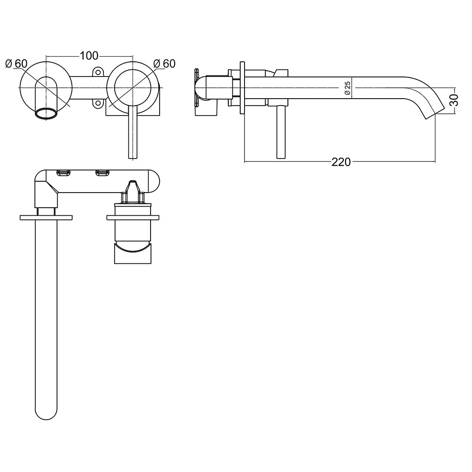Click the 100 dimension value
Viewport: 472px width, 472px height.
point(88,56)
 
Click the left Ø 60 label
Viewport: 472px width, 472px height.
point(17,63)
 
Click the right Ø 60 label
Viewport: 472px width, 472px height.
point(165,63)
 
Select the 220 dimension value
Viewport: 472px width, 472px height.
point(341,162)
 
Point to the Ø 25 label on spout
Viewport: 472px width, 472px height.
point(347,88)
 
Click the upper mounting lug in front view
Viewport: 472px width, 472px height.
point(98,72)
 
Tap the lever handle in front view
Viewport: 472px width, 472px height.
point(132,135)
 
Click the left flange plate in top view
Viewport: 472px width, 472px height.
point(46,217)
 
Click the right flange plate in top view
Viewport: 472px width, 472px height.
point(133,217)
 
